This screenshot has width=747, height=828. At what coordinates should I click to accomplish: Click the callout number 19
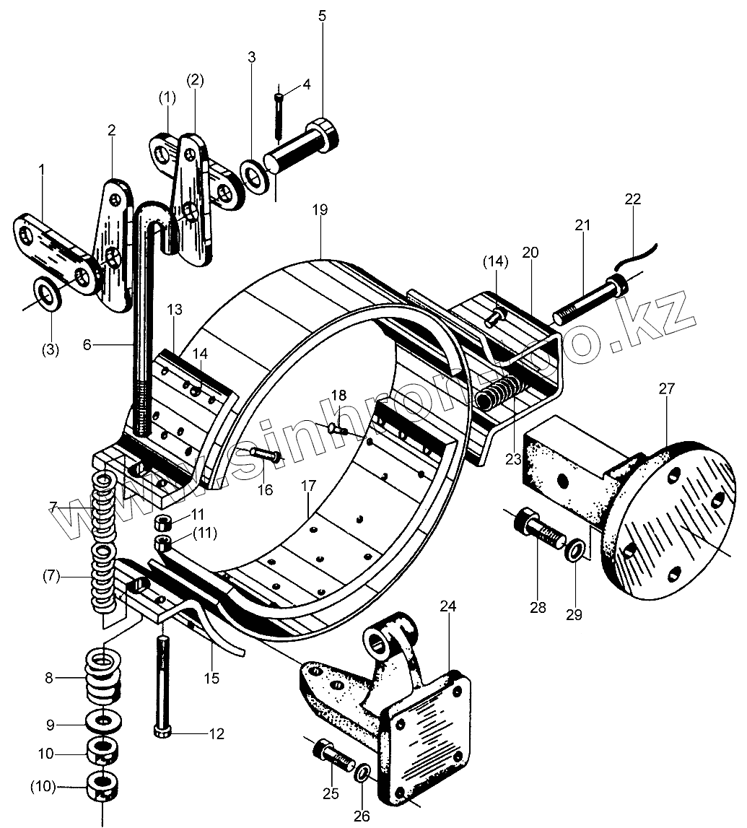click(320, 210)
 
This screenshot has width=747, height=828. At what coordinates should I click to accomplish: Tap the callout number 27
click(665, 389)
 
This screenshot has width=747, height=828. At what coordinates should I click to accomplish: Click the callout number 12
click(216, 734)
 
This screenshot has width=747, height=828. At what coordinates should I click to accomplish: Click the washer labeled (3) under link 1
click(48, 294)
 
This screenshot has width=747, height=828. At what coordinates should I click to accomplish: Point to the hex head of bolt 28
click(526, 522)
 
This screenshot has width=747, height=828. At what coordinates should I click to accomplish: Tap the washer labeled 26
click(363, 774)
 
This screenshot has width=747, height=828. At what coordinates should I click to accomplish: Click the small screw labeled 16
click(265, 456)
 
